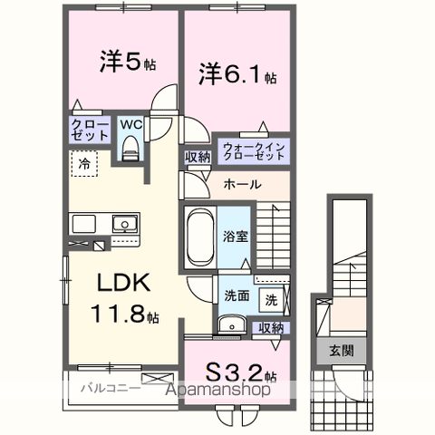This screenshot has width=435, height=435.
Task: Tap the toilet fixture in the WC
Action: (x=129, y=147)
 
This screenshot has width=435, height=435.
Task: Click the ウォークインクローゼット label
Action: (x=254, y=149)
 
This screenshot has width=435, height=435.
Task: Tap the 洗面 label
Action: (x=237, y=295)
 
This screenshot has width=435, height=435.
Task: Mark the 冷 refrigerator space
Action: (x=83, y=165)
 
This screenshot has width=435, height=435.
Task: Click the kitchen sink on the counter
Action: (x=121, y=224)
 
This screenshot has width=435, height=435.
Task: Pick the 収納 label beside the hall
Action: (x=198, y=157)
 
